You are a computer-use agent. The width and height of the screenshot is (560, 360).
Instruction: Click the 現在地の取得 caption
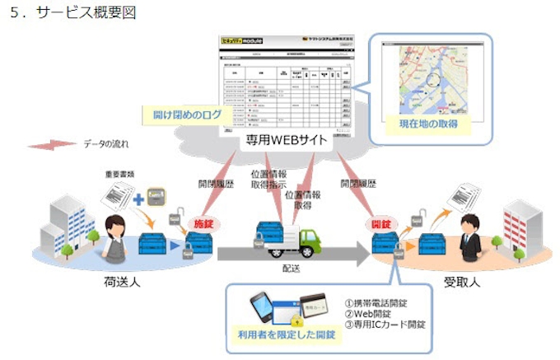(428, 124)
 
